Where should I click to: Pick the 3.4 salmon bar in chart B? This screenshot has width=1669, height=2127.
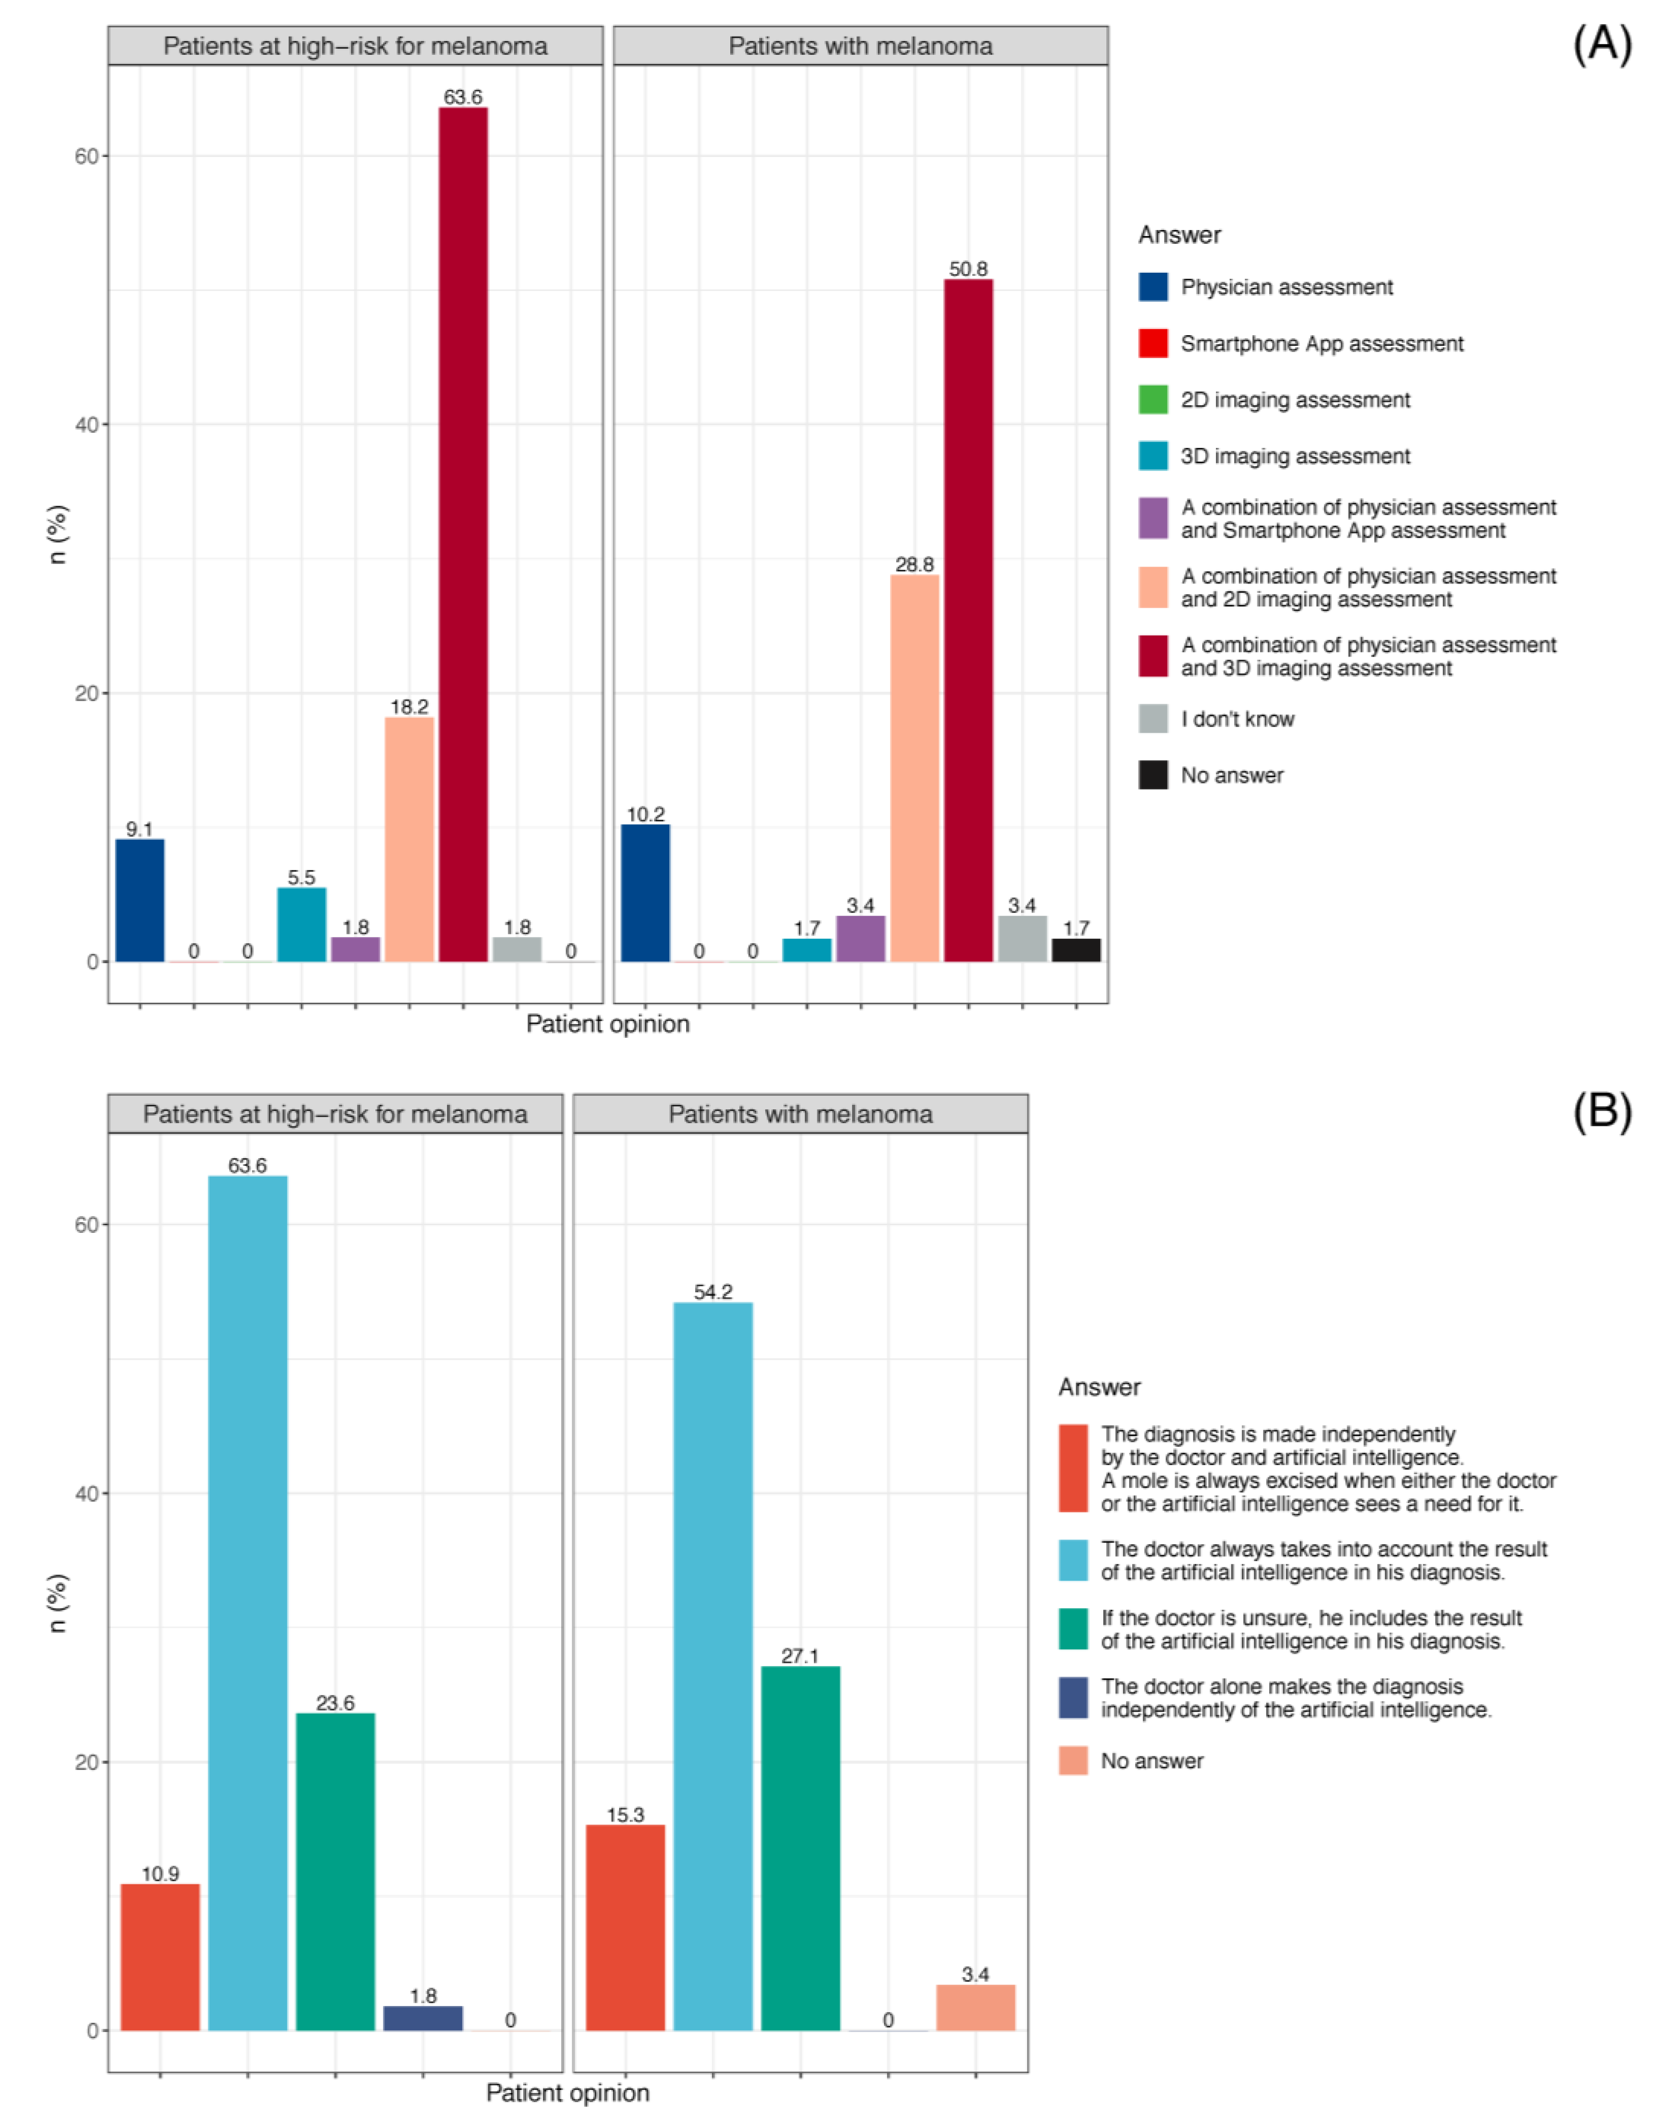(x=975, y=2007)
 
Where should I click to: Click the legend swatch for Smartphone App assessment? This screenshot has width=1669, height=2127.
(x=1153, y=343)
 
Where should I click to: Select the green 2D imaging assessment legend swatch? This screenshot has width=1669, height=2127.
(x=1153, y=400)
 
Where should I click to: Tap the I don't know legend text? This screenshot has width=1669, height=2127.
(x=1237, y=719)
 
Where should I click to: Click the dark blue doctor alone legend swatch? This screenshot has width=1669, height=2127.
(x=1073, y=1699)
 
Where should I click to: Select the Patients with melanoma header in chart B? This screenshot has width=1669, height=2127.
(x=800, y=1115)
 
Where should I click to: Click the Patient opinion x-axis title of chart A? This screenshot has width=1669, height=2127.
(x=608, y=1024)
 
